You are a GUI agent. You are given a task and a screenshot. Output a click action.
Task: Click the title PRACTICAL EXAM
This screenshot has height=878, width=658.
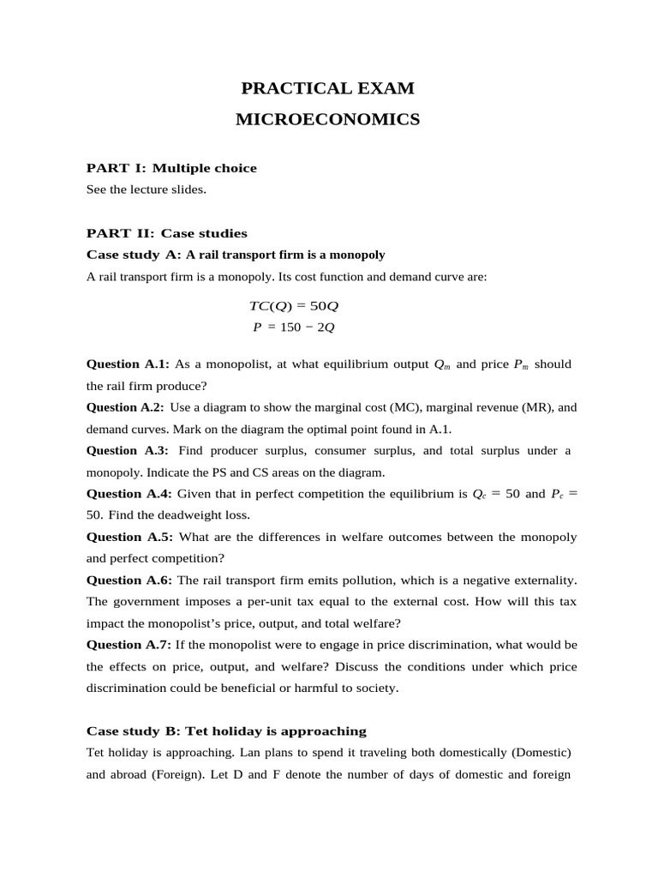pos(327,88)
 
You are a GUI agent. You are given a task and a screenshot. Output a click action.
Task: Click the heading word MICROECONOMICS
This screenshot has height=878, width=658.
pos(327,120)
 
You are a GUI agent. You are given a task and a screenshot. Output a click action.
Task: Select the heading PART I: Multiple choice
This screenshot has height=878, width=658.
pos(171,168)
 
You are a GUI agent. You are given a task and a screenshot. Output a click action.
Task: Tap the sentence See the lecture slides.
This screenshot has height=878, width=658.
pos(147,189)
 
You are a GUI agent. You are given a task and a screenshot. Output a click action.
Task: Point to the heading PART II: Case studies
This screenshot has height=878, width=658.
pos(167,233)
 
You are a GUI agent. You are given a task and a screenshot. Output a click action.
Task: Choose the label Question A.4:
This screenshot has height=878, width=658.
pos(129,494)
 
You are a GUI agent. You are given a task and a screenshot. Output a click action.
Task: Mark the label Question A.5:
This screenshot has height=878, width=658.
pos(129,537)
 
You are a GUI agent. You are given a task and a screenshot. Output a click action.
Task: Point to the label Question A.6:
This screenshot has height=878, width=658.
pos(129,580)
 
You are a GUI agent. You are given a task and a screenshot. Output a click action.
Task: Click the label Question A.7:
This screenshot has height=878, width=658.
pos(129,645)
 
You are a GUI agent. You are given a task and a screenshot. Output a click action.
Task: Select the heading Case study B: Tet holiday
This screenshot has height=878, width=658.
pos(226,731)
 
